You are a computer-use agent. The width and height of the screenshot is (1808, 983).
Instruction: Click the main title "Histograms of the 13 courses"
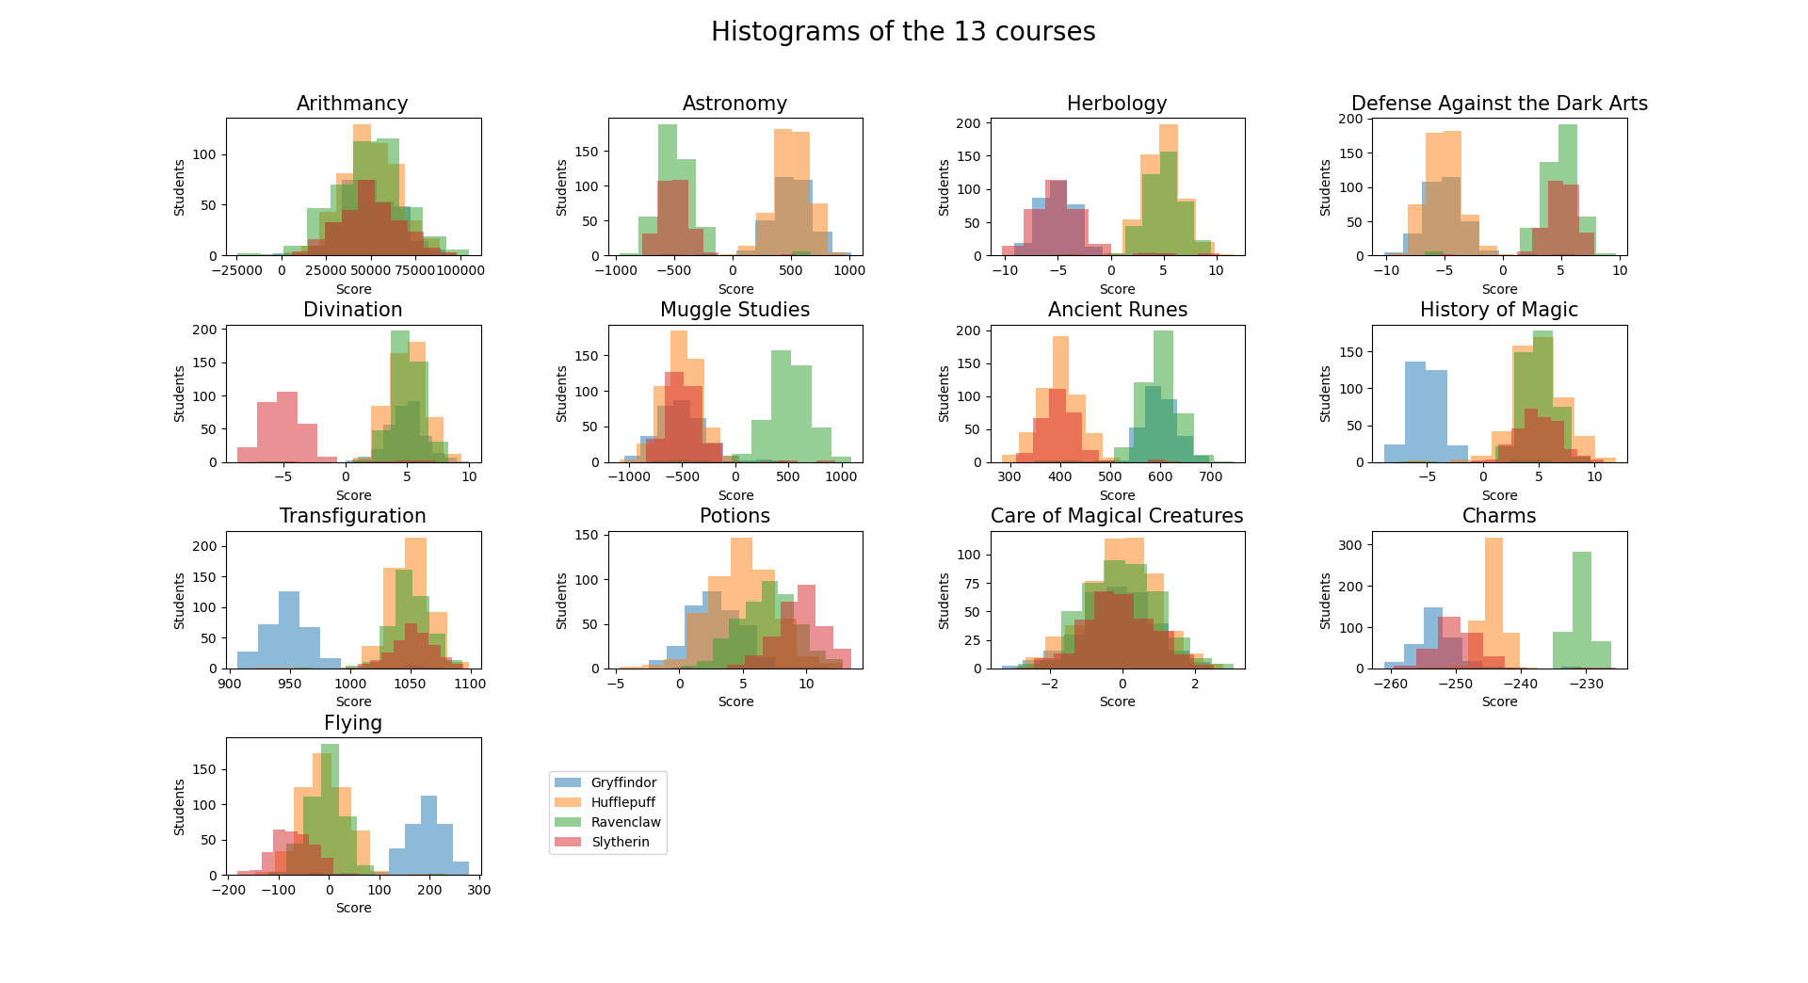click(902, 32)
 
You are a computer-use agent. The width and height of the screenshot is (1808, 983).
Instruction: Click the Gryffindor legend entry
click(622, 782)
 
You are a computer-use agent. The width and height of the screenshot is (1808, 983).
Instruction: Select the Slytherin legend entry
click(620, 842)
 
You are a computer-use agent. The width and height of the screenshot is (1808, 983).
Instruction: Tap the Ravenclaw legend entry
click(625, 822)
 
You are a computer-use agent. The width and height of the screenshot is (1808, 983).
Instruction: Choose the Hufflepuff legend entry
click(622, 802)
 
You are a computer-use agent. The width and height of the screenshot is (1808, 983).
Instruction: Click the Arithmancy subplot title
click(352, 104)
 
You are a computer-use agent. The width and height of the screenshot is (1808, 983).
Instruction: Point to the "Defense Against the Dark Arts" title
click(1499, 104)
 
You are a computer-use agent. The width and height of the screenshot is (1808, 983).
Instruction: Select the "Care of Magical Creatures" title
click(1117, 516)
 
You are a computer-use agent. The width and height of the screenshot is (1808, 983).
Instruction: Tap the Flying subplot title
click(352, 723)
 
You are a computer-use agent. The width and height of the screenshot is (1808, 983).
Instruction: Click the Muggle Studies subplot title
click(734, 310)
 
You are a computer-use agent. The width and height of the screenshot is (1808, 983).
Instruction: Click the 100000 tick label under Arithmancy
click(460, 270)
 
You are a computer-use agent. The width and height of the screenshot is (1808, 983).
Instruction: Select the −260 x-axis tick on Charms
click(1390, 684)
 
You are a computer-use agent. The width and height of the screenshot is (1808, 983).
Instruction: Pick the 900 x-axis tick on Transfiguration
click(229, 684)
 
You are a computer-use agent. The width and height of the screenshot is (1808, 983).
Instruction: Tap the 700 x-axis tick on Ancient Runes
click(1211, 477)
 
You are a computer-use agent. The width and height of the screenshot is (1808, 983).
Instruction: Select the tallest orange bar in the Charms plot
click(1493, 603)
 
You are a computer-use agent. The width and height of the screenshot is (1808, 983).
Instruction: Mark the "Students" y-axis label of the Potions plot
click(562, 601)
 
